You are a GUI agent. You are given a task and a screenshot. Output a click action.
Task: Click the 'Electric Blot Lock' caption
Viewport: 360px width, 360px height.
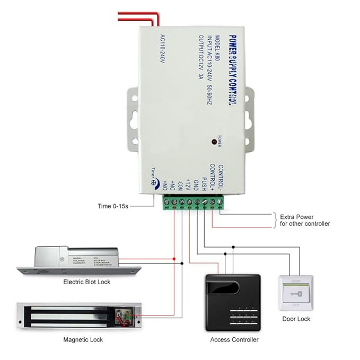pyautogui.click(x=87, y=282)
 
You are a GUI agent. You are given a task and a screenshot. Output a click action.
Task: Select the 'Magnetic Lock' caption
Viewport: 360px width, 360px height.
pyautogui.click(x=83, y=339)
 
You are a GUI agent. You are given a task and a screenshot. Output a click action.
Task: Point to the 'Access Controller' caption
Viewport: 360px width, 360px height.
pyautogui.click(x=234, y=340)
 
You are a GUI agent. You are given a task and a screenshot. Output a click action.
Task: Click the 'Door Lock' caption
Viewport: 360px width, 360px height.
pyautogui.click(x=296, y=319)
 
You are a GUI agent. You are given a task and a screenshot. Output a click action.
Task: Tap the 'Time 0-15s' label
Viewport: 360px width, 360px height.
pyautogui.click(x=113, y=206)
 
